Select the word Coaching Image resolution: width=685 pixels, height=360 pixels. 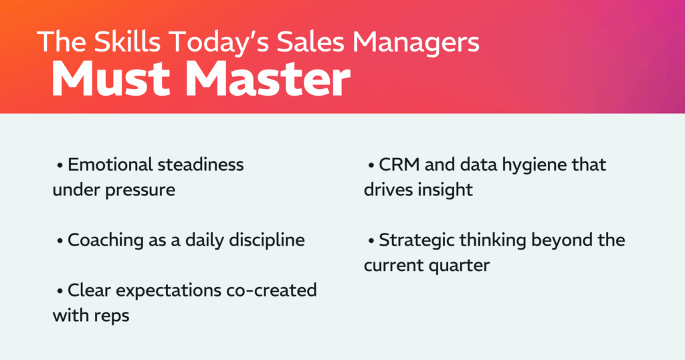(x=100, y=240)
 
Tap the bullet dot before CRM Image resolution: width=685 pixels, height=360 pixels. (x=371, y=165)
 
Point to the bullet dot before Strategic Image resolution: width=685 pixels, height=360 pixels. (x=371, y=240)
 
